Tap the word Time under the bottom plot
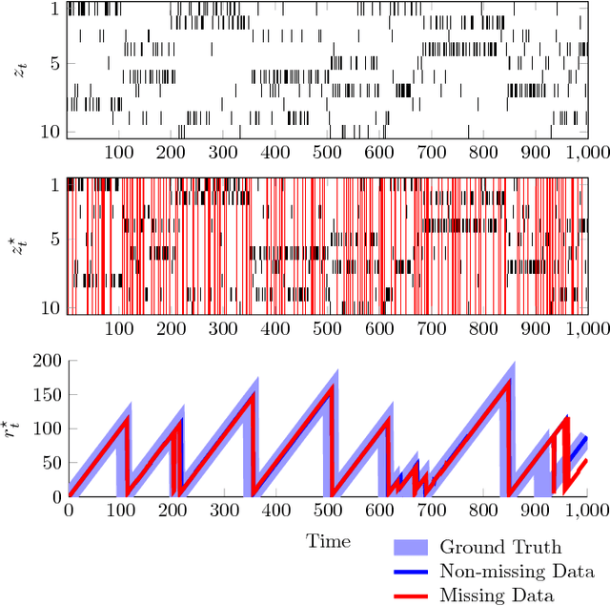coord(327,541)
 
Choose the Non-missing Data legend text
coord(517,572)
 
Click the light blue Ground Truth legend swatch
coord(412,548)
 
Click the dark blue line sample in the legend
coord(412,572)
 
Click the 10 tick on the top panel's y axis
coord(52,131)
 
